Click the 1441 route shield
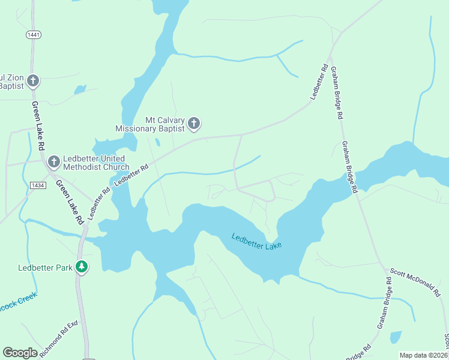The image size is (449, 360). (x=34, y=35)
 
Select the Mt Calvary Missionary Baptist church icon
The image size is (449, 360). (x=194, y=124)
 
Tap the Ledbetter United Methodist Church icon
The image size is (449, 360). (x=53, y=161)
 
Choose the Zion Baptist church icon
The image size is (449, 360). (x=33, y=80)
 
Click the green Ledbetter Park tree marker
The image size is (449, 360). (x=82, y=267)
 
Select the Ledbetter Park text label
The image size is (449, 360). (x=44, y=268)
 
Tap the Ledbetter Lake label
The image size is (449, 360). (x=256, y=241)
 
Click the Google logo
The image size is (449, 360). (x=20, y=353)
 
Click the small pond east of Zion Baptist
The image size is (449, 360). (x=80, y=90)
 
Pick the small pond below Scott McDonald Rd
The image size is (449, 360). (x=396, y=337)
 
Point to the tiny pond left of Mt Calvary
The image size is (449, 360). (x=157, y=143)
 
